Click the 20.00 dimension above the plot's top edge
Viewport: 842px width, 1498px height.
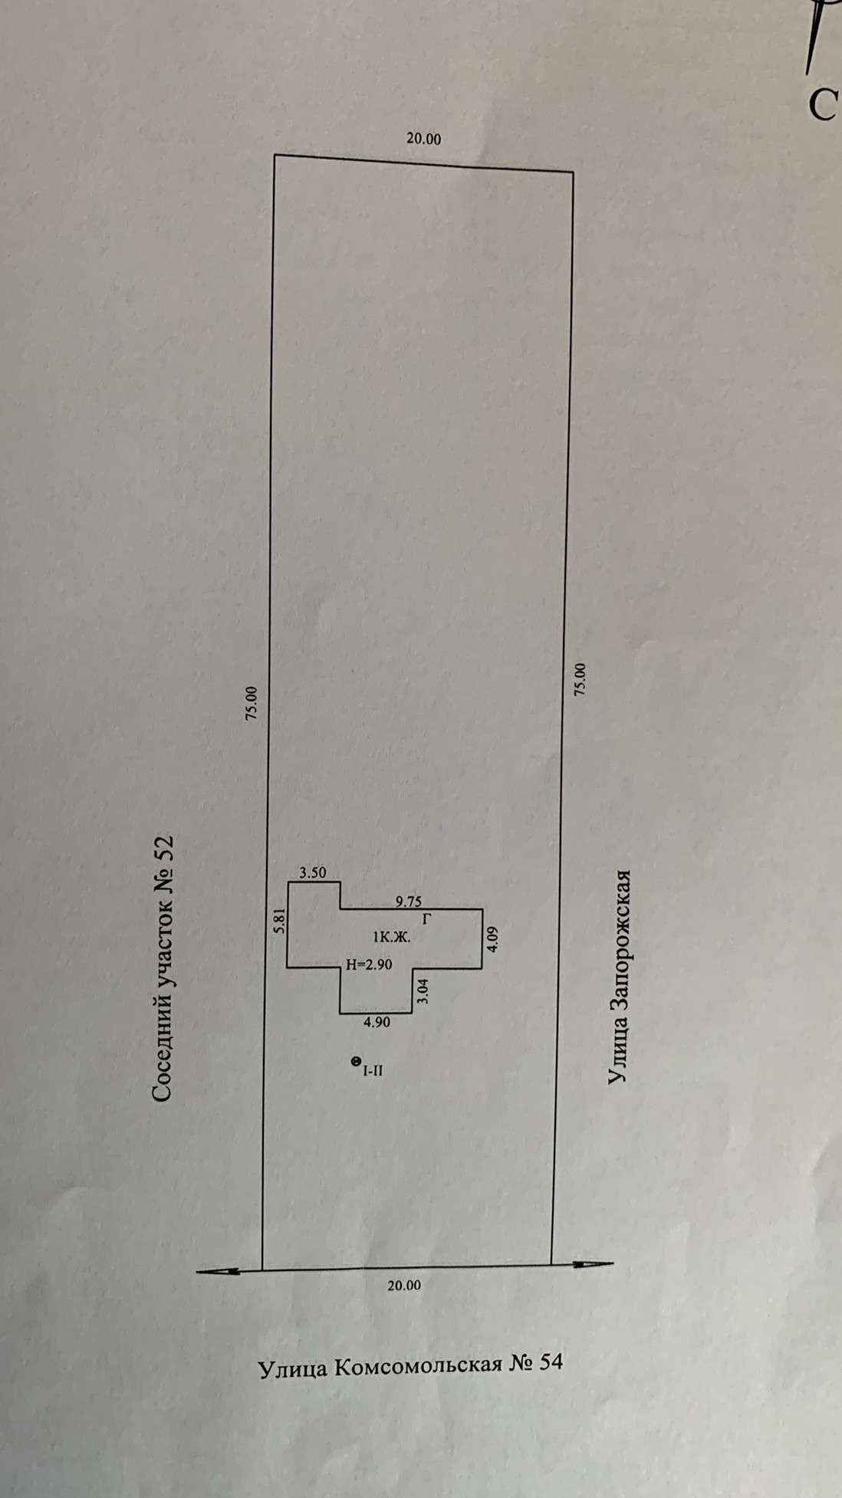pyautogui.click(x=423, y=140)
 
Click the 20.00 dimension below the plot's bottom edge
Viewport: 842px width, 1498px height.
pyautogui.click(x=403, y=1286)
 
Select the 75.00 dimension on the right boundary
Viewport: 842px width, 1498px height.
pyautogui.click(x=581, y=679)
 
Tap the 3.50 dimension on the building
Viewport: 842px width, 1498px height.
pyautogui.click(x=313, y=872)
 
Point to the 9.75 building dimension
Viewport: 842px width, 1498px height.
pyautogui.click(x=408, y=902)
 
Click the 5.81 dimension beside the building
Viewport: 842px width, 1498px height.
pyautogui.click(x=280, y=920)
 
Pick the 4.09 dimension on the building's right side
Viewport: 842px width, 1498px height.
pyautogui.click(x=492, y=939)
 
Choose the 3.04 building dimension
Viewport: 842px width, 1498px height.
pyautogui.click(x=423, y=992)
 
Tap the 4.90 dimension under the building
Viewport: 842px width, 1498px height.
pyautogui.click(x=377, y=1022)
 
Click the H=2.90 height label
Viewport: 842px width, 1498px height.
pyautogui.click(x=369, y=964)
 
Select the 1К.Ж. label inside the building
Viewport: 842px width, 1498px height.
pyautogui.click(x=392, y=936)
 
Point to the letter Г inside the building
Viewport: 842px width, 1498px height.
pyautogui.click(x=428, y=917)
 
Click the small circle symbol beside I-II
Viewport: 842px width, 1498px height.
pyautogui.click(x=355, y=1061)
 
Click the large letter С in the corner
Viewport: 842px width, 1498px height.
pyautogui.click(x=822, y=105)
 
